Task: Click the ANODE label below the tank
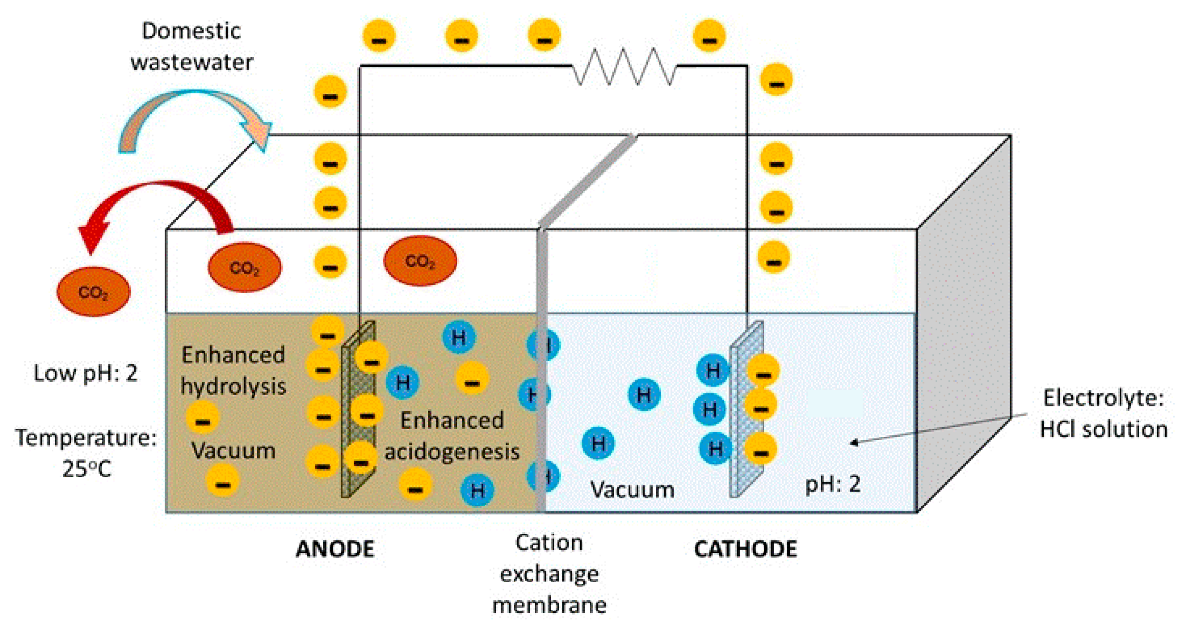335,549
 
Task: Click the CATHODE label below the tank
745,549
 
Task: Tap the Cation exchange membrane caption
549,574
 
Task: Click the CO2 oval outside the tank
93,292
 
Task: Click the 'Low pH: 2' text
85,372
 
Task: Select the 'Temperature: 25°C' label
86,452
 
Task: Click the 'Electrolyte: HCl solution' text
1103,413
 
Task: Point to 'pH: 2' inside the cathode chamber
833,484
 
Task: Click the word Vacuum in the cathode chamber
632,489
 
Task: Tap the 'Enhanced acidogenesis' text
452,436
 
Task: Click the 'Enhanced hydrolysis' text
233,370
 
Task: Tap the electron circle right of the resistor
709,36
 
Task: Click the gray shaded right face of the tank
964,321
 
